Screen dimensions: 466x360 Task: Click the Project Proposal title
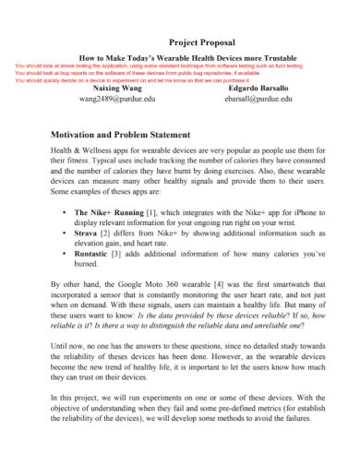202,42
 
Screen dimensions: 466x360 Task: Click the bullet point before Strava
62,234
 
